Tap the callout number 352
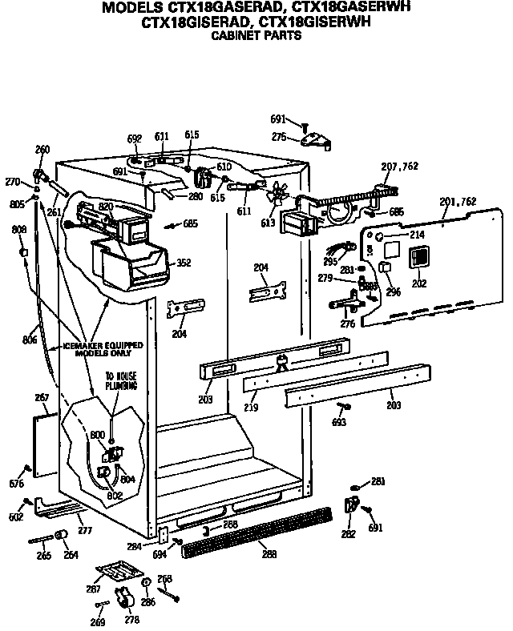click(184, 261)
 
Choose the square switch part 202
click(418, 260)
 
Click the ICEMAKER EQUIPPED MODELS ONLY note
click(103, 348)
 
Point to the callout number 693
click(339, 421)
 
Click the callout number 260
click(42, 150)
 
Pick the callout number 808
click(19, 231)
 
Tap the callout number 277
click(85, 530)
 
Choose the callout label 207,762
click(400, 167)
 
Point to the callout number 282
click(348, 533)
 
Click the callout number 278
click(131, 619)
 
